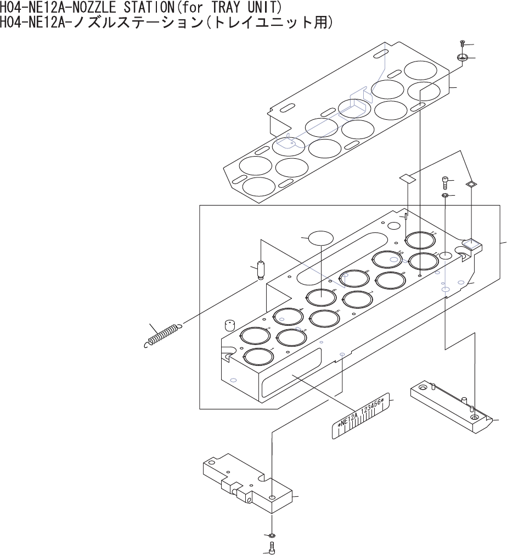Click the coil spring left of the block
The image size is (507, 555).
coord(162,335)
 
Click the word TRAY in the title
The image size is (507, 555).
coord(217,7)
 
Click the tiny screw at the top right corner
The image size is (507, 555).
coord(463,43)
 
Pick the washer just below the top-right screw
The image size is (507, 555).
coord(462,57)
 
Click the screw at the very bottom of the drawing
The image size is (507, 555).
coord(272,547)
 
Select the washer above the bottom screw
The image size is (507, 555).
coord(272,536)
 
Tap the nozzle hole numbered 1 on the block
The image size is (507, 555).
coord(258,357)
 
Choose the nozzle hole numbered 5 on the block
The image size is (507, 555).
coord(325,318)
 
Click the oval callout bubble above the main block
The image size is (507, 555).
coord(321,238)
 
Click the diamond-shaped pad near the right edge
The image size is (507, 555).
coord(470,185)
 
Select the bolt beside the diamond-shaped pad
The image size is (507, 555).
coord(446,181)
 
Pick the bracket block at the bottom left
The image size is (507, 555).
coord(247,481)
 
